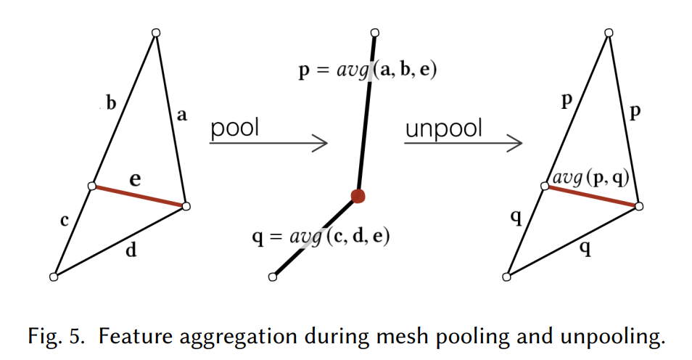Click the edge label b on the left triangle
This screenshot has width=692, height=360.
111,103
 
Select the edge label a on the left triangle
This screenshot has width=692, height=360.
181,115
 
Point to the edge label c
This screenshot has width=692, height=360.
64,221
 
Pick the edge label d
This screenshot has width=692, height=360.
131,251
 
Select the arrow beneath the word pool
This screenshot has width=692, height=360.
268,144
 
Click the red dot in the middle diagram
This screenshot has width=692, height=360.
358,195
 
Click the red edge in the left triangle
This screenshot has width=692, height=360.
138,197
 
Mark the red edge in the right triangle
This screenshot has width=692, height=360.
592,197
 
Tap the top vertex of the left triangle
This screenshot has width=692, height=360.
155,33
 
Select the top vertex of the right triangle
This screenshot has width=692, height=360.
609,33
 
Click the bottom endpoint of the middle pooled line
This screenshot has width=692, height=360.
273,277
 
